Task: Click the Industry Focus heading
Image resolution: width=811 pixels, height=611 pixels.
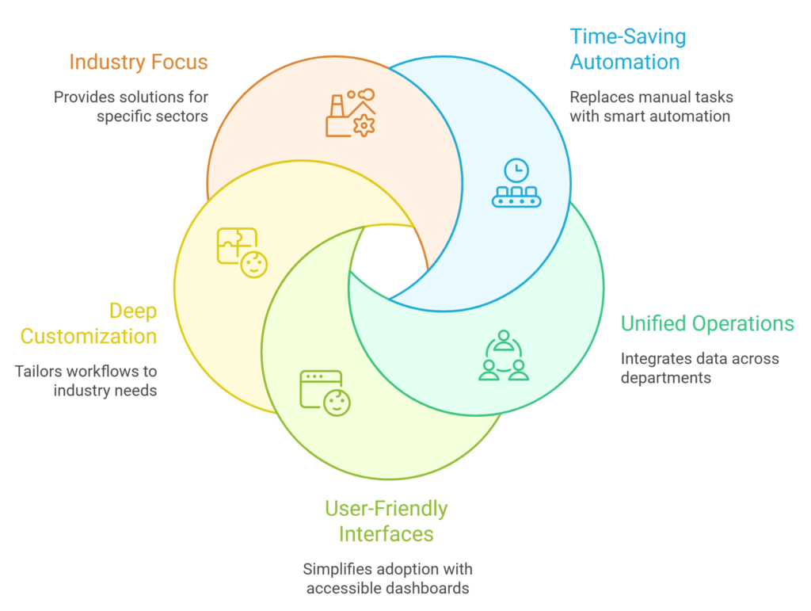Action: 138,62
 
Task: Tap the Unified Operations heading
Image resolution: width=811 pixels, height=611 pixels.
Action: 706,323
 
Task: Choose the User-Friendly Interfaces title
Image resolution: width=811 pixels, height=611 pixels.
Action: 386,521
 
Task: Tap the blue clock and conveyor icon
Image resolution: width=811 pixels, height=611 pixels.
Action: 516,184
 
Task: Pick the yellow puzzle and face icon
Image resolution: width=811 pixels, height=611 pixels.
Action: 242,253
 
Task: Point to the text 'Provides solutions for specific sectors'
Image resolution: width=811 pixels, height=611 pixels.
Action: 131,107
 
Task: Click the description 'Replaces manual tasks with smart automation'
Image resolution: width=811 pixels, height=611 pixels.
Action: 651,107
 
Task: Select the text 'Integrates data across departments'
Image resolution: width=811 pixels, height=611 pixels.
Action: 699,368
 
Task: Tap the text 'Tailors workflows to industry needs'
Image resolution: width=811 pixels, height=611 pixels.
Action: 86,380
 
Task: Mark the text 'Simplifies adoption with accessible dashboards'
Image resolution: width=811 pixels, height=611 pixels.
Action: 387,579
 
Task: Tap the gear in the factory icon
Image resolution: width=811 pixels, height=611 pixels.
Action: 364,125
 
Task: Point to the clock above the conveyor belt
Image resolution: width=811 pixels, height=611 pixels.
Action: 516,170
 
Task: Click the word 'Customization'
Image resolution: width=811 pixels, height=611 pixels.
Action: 89,336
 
